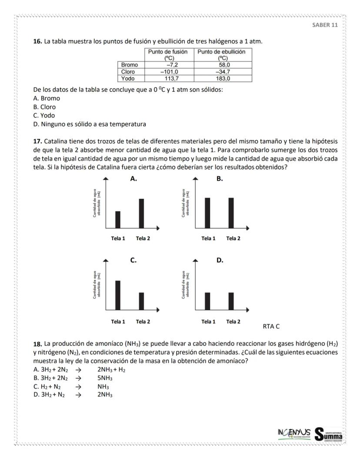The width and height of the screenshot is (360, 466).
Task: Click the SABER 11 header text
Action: point(325,25)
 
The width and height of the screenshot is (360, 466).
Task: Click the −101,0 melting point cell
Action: point(167,71)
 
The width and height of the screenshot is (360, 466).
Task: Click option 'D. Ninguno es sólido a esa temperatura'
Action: point(90,124)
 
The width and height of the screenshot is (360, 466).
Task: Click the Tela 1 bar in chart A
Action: point(118,219)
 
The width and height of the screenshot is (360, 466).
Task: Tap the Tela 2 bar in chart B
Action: point(231,212)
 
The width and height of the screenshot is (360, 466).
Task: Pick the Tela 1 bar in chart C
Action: point(118,295)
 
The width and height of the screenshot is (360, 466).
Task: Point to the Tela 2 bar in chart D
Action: point(231,301)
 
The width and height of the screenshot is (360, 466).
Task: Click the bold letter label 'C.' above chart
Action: point(133,260)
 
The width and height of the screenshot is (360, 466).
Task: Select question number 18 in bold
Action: point(37,344)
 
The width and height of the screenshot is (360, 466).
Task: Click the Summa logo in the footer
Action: point(328,434)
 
